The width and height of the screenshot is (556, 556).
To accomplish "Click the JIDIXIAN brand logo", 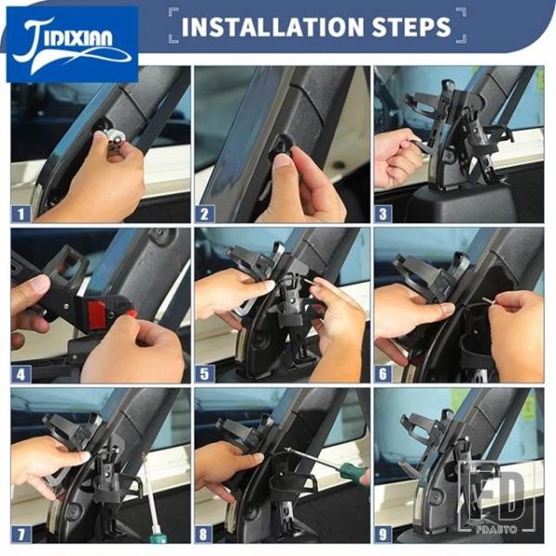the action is [x=72, y=44].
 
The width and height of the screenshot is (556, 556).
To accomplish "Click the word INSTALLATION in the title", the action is [x=273, y=27].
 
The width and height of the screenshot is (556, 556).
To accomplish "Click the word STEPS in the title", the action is [x=411, y=27].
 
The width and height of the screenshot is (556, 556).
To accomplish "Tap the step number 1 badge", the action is [x=21, y=214].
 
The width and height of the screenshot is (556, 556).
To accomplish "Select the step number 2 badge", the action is [x=205, y=214].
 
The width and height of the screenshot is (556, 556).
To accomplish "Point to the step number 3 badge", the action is [x=383, y=214].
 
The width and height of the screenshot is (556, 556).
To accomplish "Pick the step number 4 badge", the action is [x=21, y=374].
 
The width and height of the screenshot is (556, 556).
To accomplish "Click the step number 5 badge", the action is [x=205, y=374].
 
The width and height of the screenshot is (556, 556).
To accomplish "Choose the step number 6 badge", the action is [x=383, y=374].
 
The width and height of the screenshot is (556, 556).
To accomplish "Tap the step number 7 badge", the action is [x=21, y=535].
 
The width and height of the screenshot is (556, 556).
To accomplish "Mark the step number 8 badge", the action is [x=204, y=535].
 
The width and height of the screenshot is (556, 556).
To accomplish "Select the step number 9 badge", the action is [x=383, y=535].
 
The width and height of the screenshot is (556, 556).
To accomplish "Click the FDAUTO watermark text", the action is [x=497, y=529].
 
